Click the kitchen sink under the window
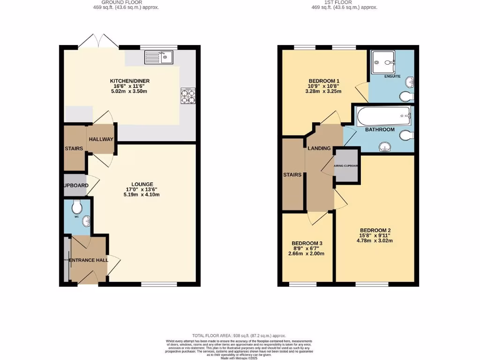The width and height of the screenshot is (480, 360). pos(159,57)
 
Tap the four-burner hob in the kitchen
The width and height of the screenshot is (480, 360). pos(188,96)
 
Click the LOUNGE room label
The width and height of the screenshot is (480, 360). pos(142,184)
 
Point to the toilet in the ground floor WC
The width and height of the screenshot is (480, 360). pos(77,206)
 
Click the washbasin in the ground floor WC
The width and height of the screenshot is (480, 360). pos(86,221)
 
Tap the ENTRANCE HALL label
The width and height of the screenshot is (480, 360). pos(89,260)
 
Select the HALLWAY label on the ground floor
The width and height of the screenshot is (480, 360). pos(101,139)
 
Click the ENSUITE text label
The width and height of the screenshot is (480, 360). pos(392,76)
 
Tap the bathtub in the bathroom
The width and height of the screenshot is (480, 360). pos(383,115)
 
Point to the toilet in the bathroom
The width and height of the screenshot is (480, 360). pos(406,135)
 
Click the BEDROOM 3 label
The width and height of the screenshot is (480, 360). pos(307,243)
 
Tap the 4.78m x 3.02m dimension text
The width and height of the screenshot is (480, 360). pos(375,241)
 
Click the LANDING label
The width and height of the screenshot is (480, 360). pos(319,149)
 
